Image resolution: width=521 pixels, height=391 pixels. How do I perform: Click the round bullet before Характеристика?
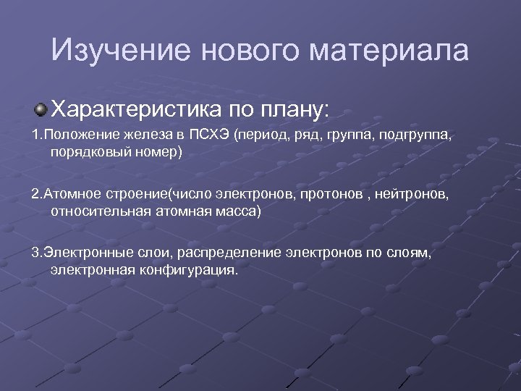(41, 109)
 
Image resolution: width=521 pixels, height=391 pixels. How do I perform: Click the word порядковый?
(85, 152)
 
